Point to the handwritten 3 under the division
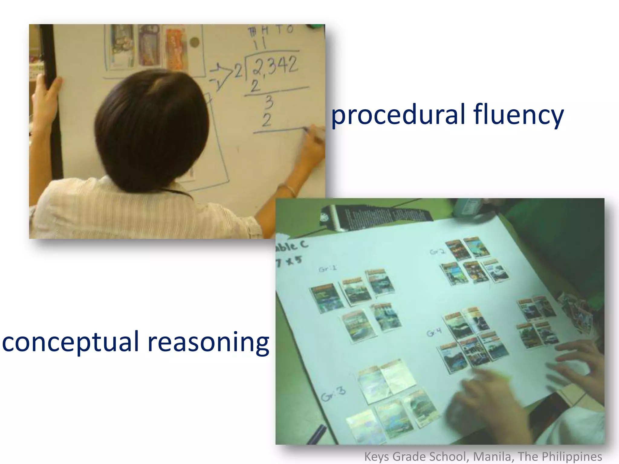click(269, 102)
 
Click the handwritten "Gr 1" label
click(327, 269)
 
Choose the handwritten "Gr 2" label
click(437, 251)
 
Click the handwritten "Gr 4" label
click(434, 332)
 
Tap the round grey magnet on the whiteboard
click(195, 42)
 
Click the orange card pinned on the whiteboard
click(176, 50)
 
